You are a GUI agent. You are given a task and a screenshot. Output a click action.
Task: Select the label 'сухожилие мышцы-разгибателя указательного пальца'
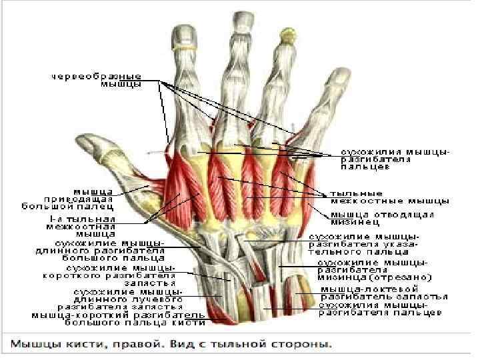click(x=364, y=243)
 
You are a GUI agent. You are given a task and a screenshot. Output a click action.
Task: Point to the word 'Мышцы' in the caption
click(x=31, y=345)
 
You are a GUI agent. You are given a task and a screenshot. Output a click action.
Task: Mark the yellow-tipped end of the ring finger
click(x=288, y=33)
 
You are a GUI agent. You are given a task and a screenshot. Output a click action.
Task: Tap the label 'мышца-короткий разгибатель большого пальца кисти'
click(x=113, y=318)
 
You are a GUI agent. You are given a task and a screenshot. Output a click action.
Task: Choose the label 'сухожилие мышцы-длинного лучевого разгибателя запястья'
click(x=127, y=299)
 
